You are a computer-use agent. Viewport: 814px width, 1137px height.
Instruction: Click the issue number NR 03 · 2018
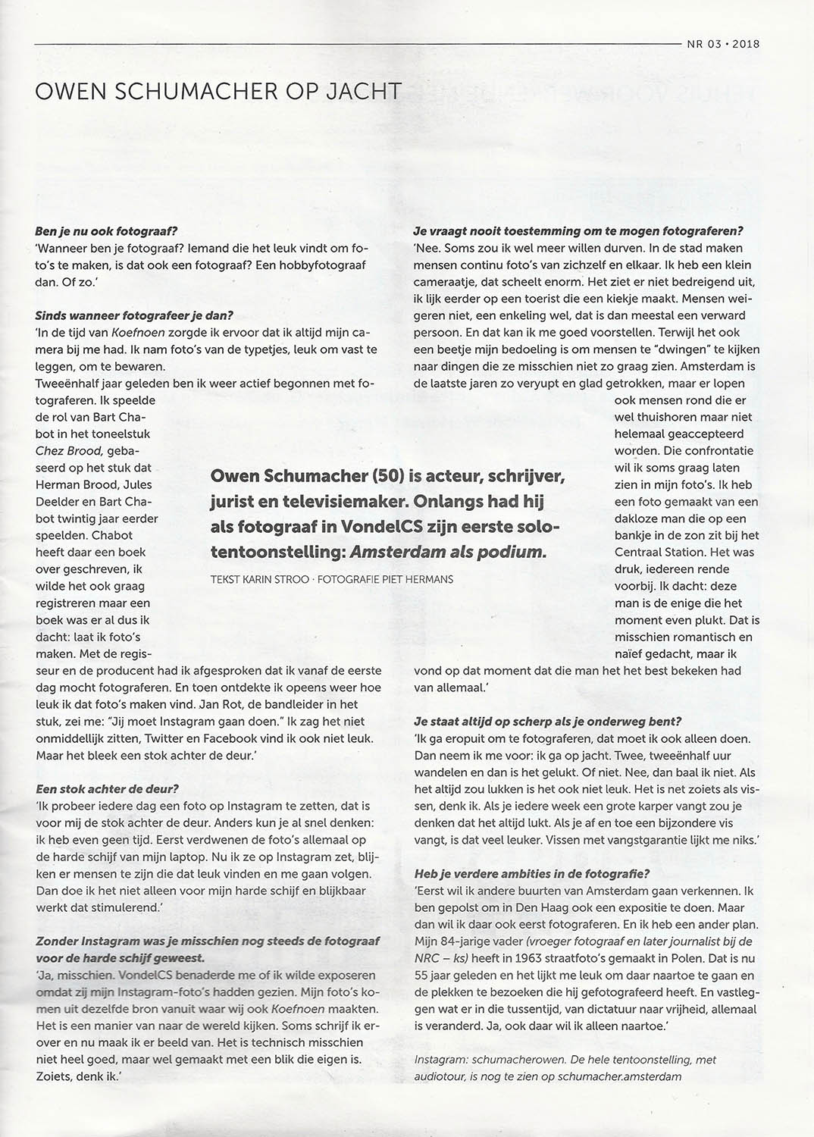point(723,43)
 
